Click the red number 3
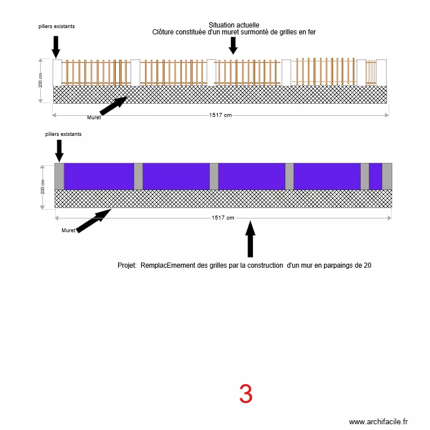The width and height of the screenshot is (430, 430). [245, 394]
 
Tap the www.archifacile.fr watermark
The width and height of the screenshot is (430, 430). [378, 421]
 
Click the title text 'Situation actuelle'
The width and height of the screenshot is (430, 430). [234, 25]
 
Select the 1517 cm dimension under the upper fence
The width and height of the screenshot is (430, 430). [220, 115]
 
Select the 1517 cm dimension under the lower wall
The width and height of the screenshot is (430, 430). [222, 218]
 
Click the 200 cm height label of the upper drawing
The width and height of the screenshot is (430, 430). [41, 80]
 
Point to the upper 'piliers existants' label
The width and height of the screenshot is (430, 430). [56, 26]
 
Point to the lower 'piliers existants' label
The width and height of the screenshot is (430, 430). [63, 134]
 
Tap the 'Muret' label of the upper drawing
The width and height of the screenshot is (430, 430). [94, 118]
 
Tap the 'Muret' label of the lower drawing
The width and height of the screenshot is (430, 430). [68, 230]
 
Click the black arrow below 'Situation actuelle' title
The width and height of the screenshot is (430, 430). [233, 45]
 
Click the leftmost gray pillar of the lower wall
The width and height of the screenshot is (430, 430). [59, 177]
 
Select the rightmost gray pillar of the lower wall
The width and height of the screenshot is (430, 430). [387, 177]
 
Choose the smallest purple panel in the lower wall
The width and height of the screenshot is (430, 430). [376, 177]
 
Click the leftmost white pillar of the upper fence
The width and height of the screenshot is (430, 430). [57, 73]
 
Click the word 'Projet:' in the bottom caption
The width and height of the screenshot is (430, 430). [127, 265]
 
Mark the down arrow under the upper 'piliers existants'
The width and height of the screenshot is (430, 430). [56, 46]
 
